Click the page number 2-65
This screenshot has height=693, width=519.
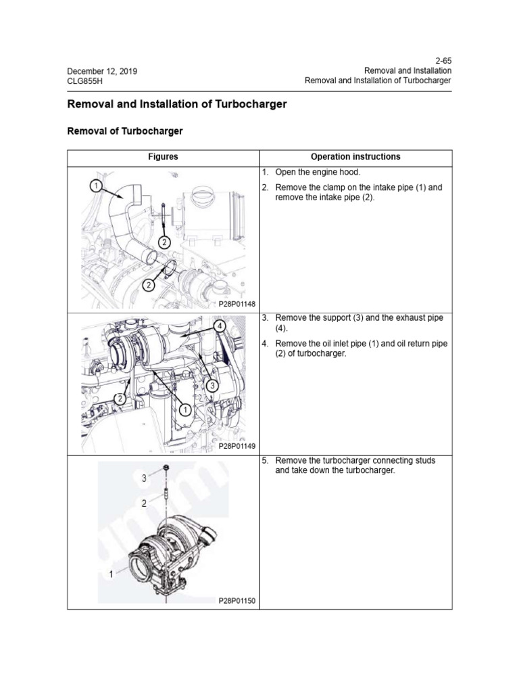[442, 60]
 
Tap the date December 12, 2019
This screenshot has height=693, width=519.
[103, 70]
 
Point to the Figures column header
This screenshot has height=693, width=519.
[163, 157]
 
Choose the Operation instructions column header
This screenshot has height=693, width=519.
[355, 157]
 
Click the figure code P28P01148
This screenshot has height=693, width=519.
[237, 305]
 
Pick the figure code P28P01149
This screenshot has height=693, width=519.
[237, 447]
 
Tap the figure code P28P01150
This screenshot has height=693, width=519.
[237, 600]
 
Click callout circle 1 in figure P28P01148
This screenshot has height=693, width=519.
[96, 185]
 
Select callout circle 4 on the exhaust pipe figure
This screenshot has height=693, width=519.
[219, 326]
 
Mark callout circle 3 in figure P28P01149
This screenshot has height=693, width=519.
[211, 386]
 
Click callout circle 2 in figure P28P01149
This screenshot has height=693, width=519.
[120, 399]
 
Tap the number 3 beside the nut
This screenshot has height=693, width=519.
[144, 478]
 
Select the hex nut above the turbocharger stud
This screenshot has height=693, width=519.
[165, 470]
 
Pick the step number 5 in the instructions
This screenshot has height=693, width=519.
[265, 460]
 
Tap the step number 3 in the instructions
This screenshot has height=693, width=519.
[265, 317]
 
